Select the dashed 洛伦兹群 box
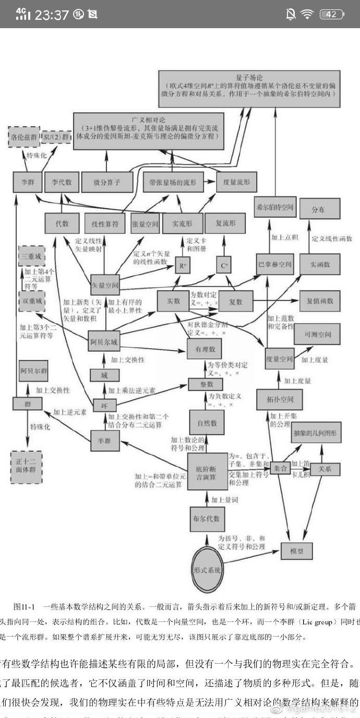click(x=23, y=137)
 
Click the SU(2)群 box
click(x=57, y=137)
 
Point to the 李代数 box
click(x=62, y=182)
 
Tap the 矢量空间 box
click(x=105, y=286)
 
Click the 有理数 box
click(x=205, y=349)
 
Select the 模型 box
click(x=296, y=551)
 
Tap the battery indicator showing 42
click(x=331, y=14)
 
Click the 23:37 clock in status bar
click(x=52, y=15)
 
